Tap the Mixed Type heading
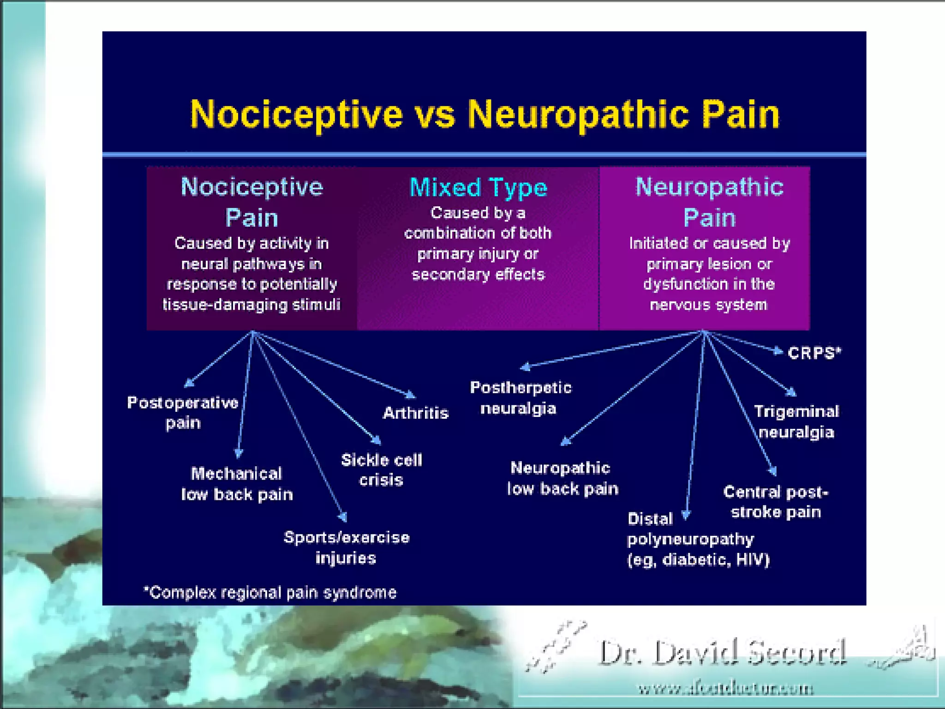(478, 187)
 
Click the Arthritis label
(416, 413)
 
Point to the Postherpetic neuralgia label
(520, 398)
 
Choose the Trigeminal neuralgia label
(796, 421)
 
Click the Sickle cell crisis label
(381, 470)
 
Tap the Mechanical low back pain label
(237, 484)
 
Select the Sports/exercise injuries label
(346, 547)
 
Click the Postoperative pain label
(183, 412)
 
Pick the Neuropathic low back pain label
(562, 478)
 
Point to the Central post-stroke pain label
(776, 502)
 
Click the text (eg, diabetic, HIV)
(698, 560)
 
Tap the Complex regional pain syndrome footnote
(270, 592)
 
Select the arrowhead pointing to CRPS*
(779, 352)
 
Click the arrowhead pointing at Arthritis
(410, 395)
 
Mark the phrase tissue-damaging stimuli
(251, 305)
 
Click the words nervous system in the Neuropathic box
(708, 305)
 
